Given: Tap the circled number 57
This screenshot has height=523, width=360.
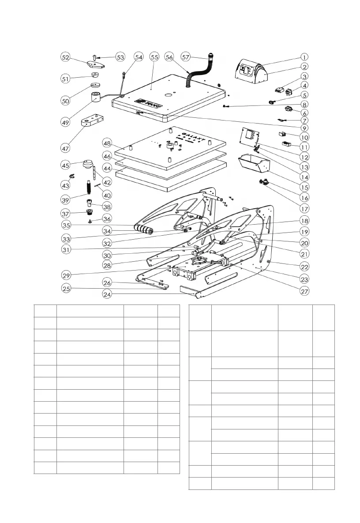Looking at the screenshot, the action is pyautogui.click(x=186, y=57).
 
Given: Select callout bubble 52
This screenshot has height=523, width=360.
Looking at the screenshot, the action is pyautogui.click(x=65, y=57).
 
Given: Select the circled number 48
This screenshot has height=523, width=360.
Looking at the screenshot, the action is pyautogui.click(x=106, y=143).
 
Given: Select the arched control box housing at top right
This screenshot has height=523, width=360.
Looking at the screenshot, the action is pyautogui.click(x=250, y=73).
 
